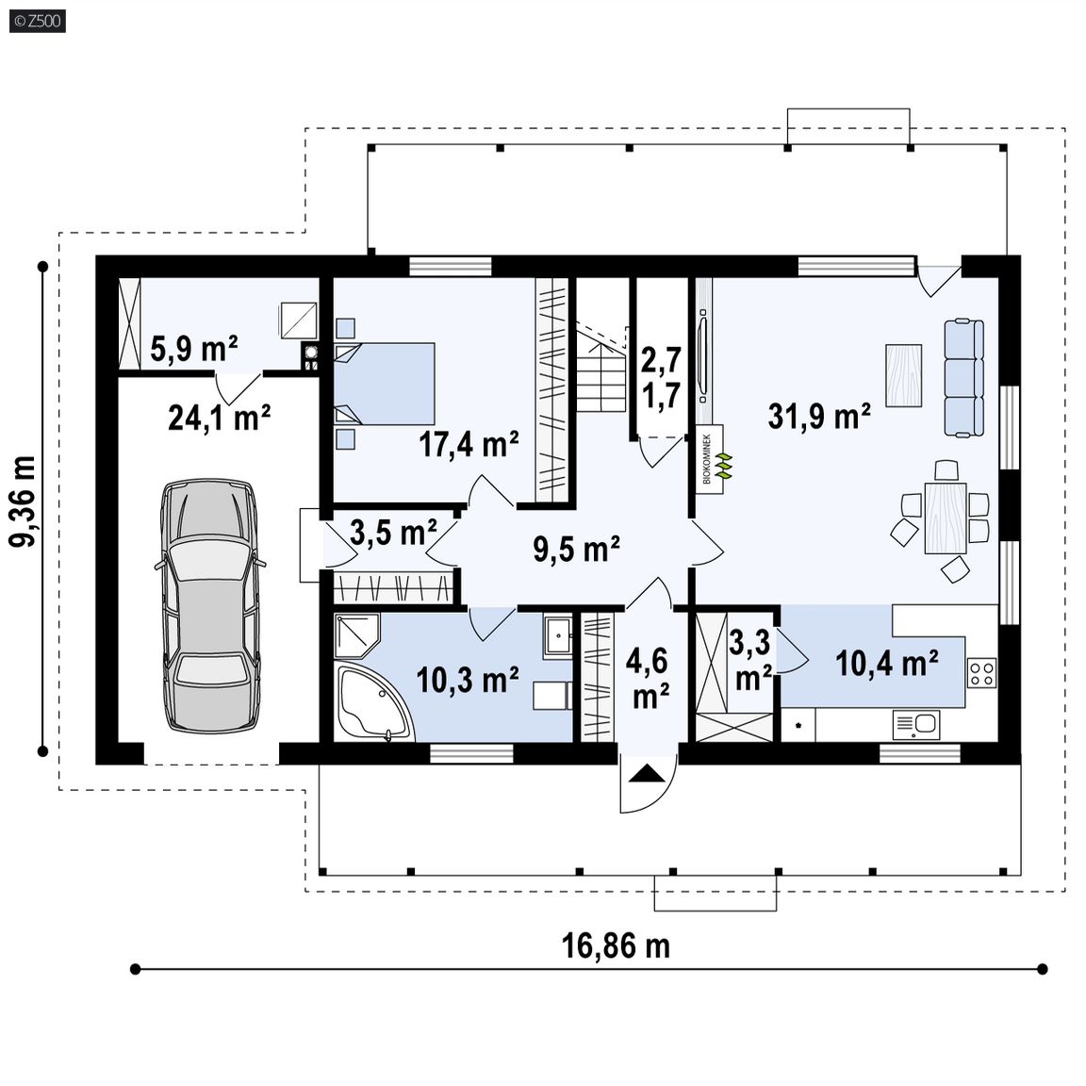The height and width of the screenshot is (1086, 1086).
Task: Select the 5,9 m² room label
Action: click(x=194, y=349)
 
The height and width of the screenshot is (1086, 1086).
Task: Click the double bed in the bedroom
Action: click(x=385, y=383)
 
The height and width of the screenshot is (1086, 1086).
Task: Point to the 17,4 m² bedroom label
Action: click(x=469, y=443)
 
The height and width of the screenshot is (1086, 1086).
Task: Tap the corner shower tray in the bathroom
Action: click(x=356, y=635)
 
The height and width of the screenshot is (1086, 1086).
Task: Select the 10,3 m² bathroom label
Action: click(x=468, y=680)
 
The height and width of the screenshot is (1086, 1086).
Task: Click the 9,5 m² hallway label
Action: click(x=576, y=550)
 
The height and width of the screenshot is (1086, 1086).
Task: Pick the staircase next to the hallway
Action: click(x=601, y=370)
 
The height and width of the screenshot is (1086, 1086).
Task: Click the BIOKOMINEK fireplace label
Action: click(x=707, y=458)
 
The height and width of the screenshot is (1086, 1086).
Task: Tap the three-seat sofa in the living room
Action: click(x=964, y=377)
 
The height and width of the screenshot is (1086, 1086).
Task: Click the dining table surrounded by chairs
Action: click(x=946, y=518)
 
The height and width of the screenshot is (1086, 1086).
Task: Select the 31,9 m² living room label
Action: click(x=819, y=417)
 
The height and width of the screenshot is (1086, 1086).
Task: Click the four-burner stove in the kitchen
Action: click(x=981, y=672)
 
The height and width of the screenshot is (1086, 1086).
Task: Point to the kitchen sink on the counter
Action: click(x=916, y=725)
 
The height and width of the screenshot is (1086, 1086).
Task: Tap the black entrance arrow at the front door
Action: click(x=647, y=773)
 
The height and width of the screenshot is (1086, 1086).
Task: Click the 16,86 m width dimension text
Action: click(x=616, y=946)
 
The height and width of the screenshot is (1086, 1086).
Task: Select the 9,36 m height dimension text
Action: click(x=23, y=502)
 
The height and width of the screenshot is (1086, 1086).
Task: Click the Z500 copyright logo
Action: click(x=38, y=21)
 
